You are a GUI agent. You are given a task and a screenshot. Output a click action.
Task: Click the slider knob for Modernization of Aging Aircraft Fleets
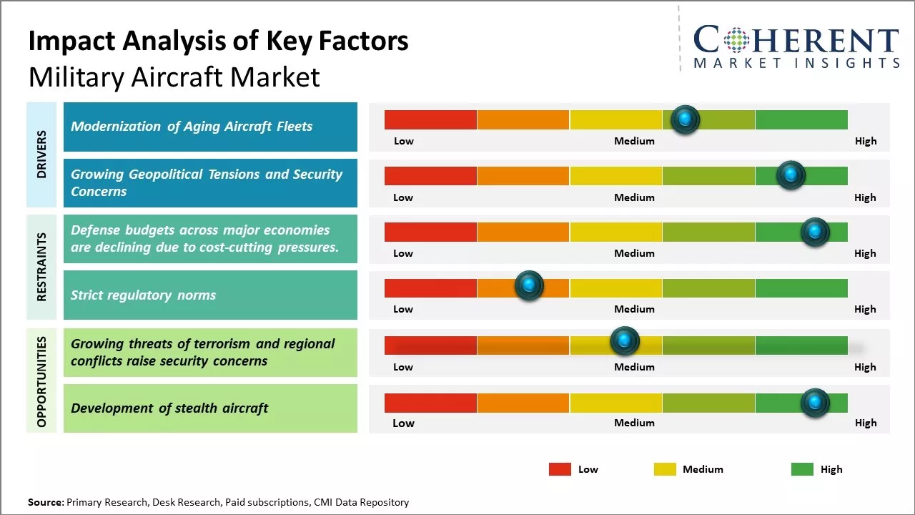[x=685, y=119]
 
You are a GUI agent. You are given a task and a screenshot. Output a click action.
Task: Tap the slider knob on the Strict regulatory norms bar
[x=529, y=285]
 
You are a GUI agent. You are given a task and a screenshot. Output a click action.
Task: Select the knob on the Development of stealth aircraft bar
[x=814, y=403]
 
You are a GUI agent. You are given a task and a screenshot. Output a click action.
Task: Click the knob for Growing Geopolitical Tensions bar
[x=791, y=175]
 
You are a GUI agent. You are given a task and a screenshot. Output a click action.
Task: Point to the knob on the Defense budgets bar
[x=814, y=232]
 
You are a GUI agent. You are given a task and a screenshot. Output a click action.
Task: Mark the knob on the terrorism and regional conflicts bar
[x=624, y=341]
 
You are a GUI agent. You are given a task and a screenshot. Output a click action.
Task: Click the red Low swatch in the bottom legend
[x=560, y=469]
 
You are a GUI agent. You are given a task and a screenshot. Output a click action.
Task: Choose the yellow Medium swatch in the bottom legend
[x=665, y=469]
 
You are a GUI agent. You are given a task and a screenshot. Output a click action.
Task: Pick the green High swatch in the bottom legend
[x=802, y=469]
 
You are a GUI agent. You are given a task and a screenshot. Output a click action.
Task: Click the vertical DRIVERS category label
[x=41, y=154]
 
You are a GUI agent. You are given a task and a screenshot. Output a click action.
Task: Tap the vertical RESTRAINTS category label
[x=41, y=266]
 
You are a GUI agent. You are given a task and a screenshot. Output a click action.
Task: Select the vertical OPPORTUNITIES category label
[x=41, y=381]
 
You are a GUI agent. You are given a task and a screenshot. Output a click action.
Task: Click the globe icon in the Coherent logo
[x=736, y=40]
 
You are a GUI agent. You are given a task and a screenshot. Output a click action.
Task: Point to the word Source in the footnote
[x=46, y=502]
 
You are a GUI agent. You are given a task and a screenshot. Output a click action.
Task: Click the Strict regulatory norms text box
[x=210, y=295]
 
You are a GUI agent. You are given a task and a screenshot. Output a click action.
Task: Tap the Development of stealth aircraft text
[x=169, y=408]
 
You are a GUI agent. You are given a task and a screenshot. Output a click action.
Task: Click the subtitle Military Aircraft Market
[x=174, y=77]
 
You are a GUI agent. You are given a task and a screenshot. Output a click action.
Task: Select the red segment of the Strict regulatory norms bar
[x=430, y=288]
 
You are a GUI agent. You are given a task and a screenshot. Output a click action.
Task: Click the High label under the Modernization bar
[x=865, y=141]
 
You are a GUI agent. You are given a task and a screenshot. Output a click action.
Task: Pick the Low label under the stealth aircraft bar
[x=403, y=423]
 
